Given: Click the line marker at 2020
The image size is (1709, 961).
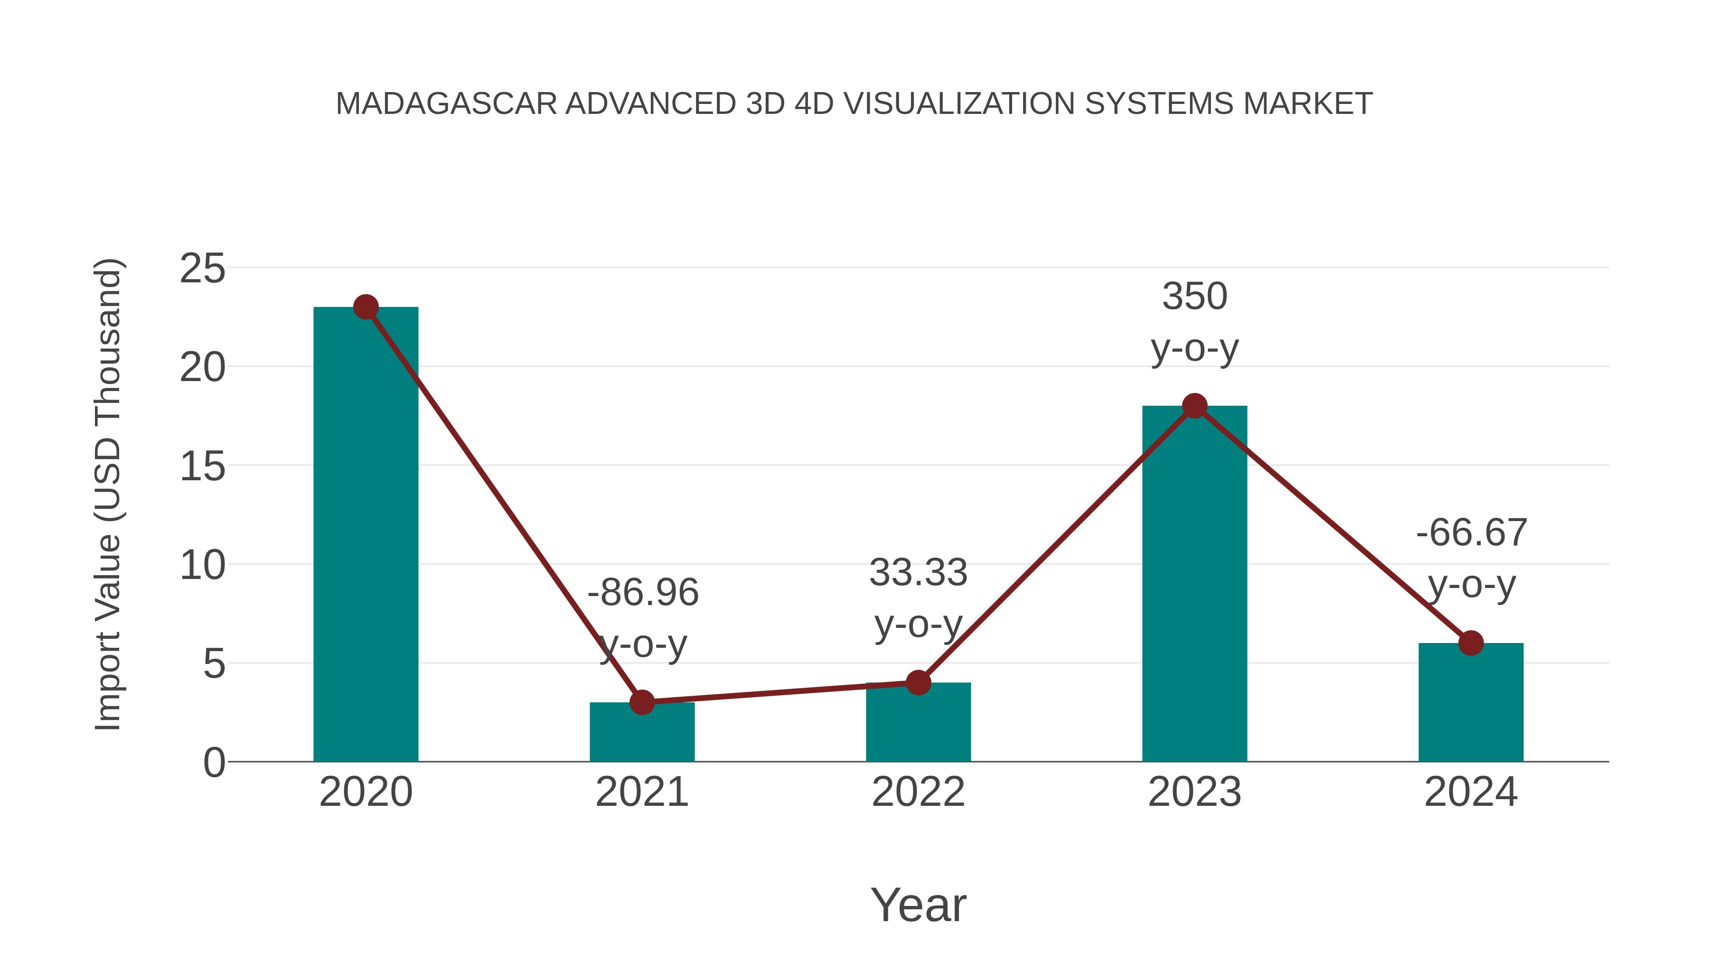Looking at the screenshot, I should (366, 307).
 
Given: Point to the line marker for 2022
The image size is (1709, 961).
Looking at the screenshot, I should (918, 682).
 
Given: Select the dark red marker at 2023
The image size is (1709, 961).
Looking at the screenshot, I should (1194, 406).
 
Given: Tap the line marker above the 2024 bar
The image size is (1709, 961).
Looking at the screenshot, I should (1471, 643).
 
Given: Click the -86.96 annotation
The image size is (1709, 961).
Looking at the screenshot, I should (643, 592).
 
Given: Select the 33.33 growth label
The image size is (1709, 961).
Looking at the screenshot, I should (918, 572).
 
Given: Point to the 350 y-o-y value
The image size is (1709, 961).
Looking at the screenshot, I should (1194, 297).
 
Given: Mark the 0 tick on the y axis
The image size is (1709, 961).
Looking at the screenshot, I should (214, 763).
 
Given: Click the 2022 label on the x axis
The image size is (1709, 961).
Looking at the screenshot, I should (918, 792).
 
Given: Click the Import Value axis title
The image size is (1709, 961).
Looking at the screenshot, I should (107, 494).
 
